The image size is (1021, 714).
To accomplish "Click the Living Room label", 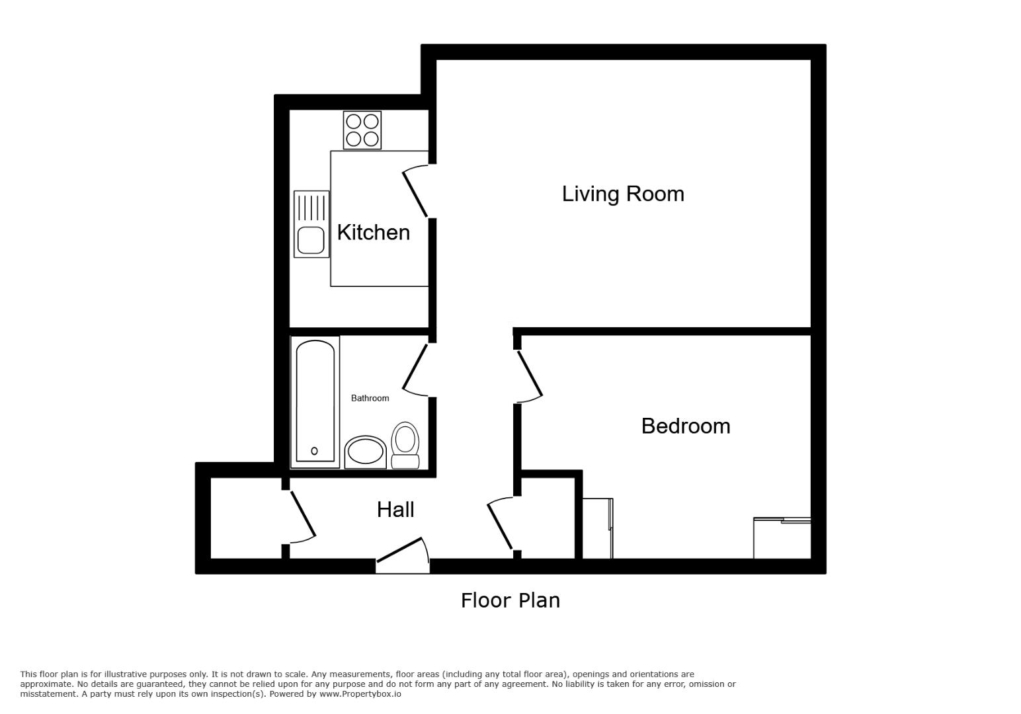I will pos(622,194).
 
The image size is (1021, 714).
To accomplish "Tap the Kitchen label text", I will pos(373,232).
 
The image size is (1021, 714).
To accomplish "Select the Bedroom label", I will pos(686,426).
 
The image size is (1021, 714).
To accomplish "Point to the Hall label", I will pos(395,509).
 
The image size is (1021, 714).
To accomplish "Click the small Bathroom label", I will pos(370,398).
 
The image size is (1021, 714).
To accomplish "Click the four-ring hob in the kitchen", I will pos(362,130).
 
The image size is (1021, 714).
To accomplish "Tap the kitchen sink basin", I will pos(311,240).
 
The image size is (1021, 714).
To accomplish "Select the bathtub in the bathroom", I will pos(315,401).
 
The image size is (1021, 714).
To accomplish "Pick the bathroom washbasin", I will pos(365,452).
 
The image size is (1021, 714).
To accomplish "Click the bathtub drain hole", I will pos(314,451).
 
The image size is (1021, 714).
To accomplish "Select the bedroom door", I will pos(530,376).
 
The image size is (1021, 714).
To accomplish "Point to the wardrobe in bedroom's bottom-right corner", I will pos(782,538).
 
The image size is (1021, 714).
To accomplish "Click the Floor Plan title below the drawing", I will pos(510,600).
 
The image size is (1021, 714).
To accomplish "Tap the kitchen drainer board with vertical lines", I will pos(311,207).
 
